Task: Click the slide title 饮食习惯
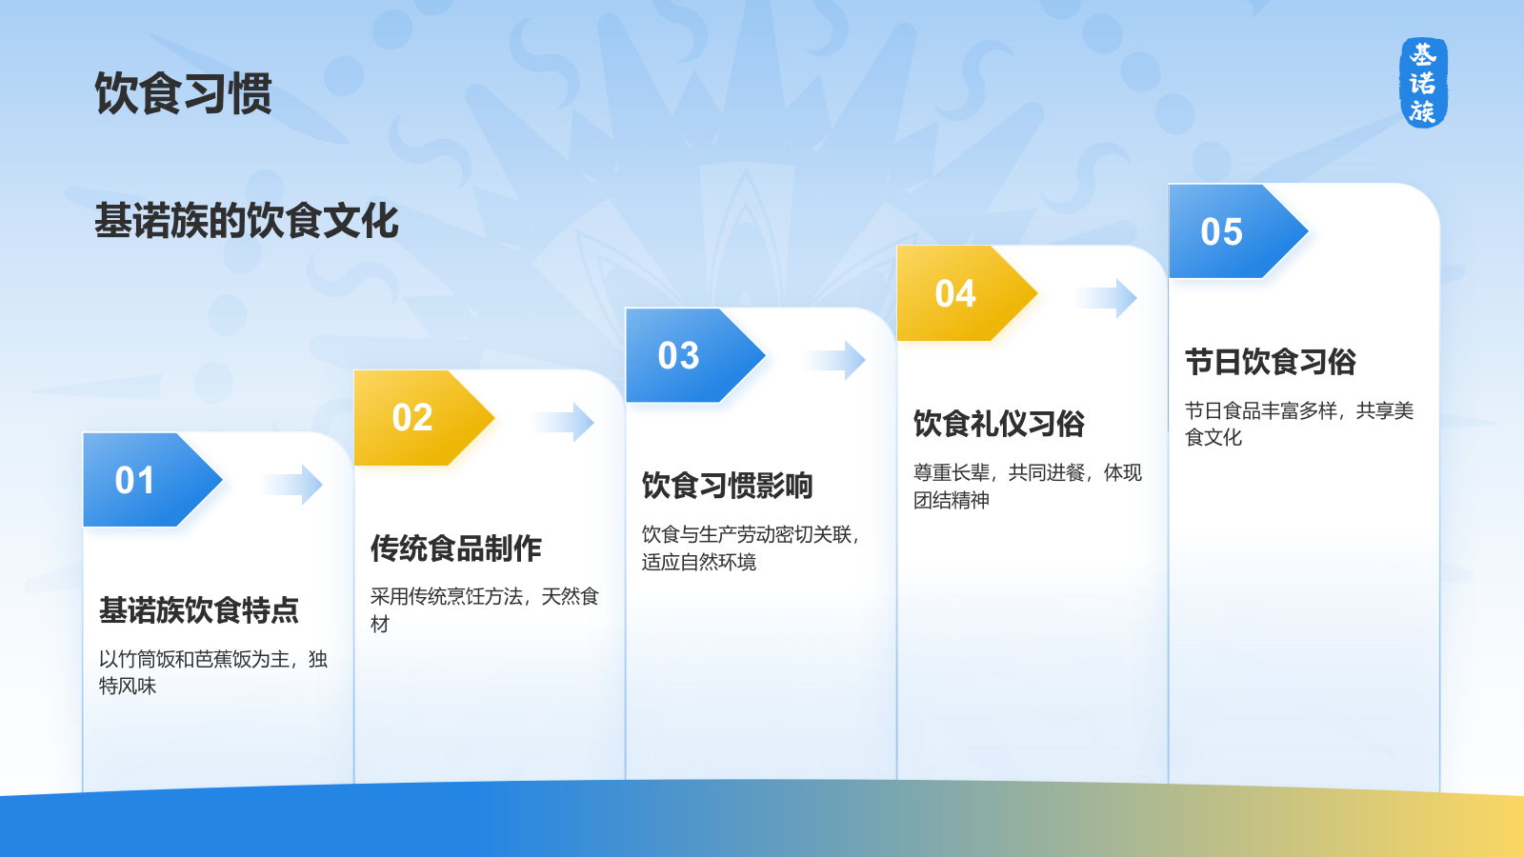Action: pos(184,93)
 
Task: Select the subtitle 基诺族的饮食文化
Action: pos(247,220)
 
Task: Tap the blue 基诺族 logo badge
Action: pos(1423,82)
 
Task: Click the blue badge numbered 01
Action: pos(152,480)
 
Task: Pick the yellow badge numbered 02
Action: pos(424,418)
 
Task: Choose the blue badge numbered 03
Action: pos(695,355)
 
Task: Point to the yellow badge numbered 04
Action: pos(967,293)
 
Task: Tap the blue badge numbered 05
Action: pos(1238,231)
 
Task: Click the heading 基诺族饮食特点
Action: pos(199,610)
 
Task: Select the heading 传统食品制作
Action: pos(456,548)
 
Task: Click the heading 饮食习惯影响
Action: pos(728,486)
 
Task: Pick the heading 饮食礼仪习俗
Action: pos(999,424)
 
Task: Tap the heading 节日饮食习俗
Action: pos(1271,362)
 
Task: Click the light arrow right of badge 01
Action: pos(291,485)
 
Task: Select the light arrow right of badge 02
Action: pos(563,423)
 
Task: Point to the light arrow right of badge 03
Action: pos(834,360)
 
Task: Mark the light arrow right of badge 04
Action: pos(1106,298)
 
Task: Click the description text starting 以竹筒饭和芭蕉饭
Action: pos(213,672)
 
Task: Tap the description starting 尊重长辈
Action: pos(1028,487)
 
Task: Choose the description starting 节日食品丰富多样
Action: pos(1299,424)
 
